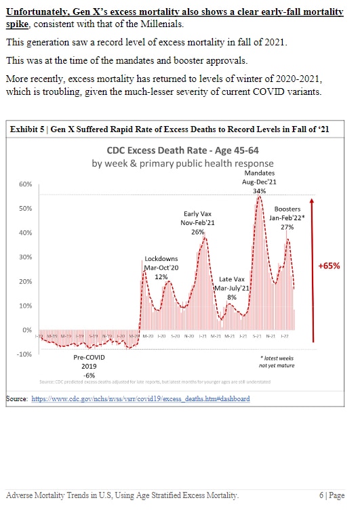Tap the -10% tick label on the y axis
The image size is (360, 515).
tap(24, 354)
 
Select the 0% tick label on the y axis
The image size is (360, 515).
tap(27, 330)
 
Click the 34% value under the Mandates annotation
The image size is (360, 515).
tap(259, 191)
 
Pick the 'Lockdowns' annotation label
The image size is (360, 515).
tap(161, 259)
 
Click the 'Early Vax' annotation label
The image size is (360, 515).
tap(197, 213)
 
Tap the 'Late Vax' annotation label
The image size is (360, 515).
tap(232, 279)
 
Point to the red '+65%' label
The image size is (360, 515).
tap(329, 266)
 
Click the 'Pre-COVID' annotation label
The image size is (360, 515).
tap(89, 356)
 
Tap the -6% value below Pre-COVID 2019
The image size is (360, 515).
tap(89, 375)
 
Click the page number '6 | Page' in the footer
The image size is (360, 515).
tap(332, 496)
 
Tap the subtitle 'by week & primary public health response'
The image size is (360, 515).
tap(182, 163)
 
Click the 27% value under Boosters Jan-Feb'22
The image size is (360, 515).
tap(288, 227)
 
